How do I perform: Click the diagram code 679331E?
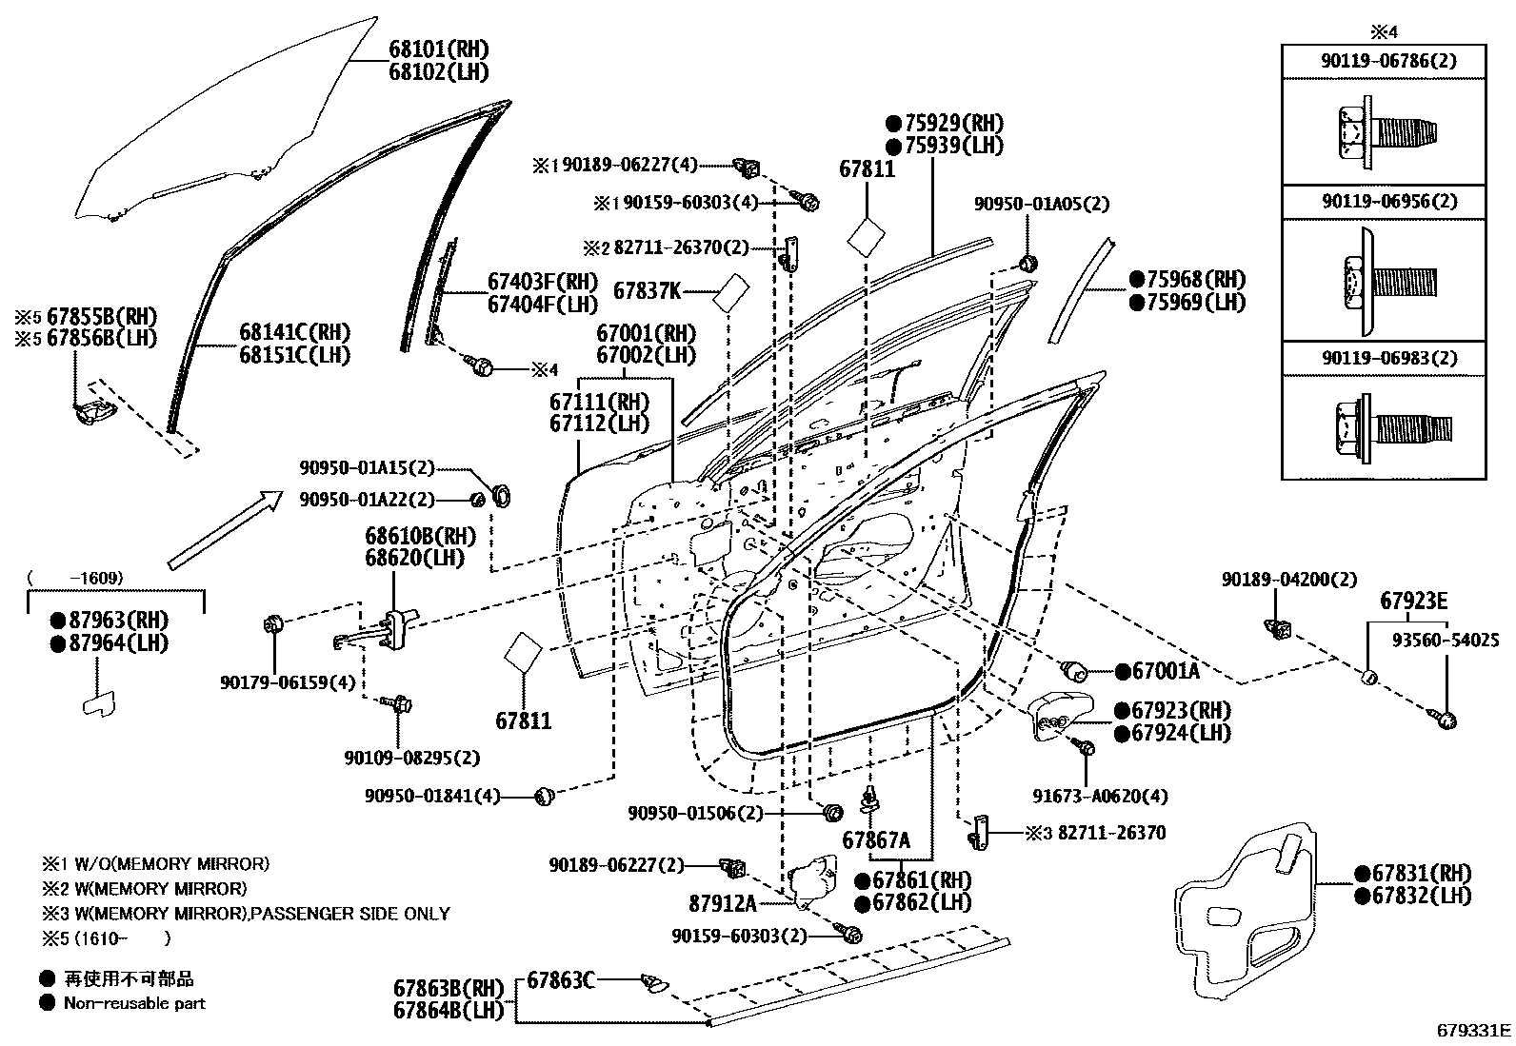pos(1473,1030)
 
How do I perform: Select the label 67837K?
pos(647,290)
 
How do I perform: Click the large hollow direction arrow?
pos(225,529)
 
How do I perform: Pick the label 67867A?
pos(875,840)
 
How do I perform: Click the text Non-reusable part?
pos(133,1002)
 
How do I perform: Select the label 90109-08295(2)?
pos(411,758)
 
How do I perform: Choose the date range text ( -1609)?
pos(76,578)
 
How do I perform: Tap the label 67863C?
pos(561,978)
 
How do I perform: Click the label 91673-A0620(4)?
pos(1100,796)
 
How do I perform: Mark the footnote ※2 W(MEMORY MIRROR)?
pos(143,889)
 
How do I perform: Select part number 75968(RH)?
pos(1195,280)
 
